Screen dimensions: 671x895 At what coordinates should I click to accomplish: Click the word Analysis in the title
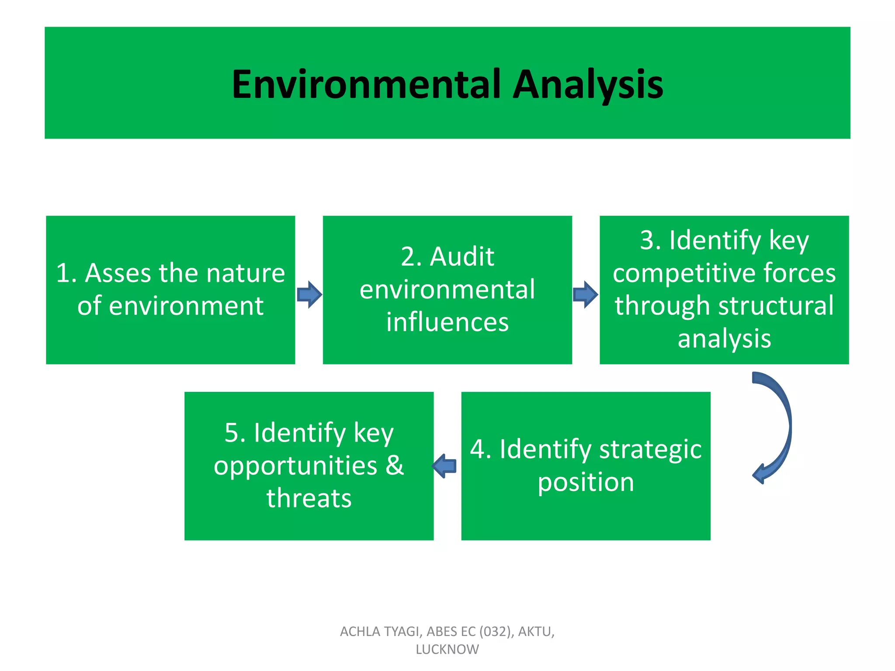coord(588,84)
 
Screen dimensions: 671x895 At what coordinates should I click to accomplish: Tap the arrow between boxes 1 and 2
coord(309,294)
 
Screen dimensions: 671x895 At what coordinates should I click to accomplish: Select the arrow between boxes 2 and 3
coord(586,294)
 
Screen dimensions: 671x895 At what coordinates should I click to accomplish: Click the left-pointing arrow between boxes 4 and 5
coord(445,466)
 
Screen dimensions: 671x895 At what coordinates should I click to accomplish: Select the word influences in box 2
coord(447,322)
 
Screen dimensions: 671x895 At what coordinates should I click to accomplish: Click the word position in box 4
coord(586,482)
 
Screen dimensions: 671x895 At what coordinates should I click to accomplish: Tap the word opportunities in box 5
coord(295,466)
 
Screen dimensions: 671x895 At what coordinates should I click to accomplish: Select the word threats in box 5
coord(309,498)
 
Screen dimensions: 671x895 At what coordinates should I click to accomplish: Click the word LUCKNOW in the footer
coord(447,650)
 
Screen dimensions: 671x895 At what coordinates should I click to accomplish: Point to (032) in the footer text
coord(495,632)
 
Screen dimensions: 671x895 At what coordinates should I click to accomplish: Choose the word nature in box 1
coord(246,273)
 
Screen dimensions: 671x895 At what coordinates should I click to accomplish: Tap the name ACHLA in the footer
coord(357,632)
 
